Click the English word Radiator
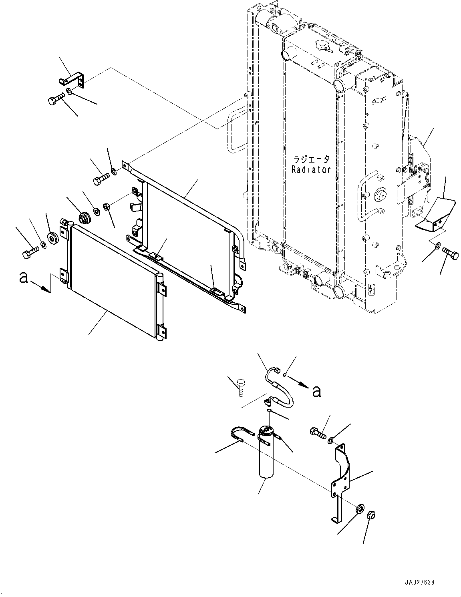pos(311,169)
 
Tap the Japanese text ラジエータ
pos(311,159)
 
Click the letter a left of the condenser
pos(24,277)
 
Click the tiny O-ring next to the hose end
pos(285,375)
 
